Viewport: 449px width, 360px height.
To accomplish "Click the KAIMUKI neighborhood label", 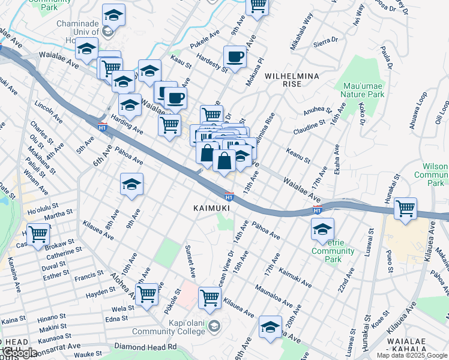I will click(x=211, y=208).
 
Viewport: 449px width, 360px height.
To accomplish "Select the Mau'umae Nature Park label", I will click(x=362, y=89).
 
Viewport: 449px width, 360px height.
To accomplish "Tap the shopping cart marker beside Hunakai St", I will click(x=406, y=209).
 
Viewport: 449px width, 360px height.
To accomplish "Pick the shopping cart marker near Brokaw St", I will click(x=38, y=233).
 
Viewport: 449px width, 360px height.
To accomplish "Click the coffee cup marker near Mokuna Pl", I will click(x=235, y=57).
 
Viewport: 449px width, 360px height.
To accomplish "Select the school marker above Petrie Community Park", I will click(x=322, y=229).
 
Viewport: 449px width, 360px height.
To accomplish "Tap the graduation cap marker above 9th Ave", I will click(x=131, y=184).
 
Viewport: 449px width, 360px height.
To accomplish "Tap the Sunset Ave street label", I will click(x=191, y=262).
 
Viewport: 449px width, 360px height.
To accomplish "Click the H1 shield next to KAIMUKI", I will click(x=229, y=196).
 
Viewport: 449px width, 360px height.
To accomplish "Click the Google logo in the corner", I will click(x=19, y=353).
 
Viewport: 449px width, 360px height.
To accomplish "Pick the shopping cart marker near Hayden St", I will click(x=146, y=295).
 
